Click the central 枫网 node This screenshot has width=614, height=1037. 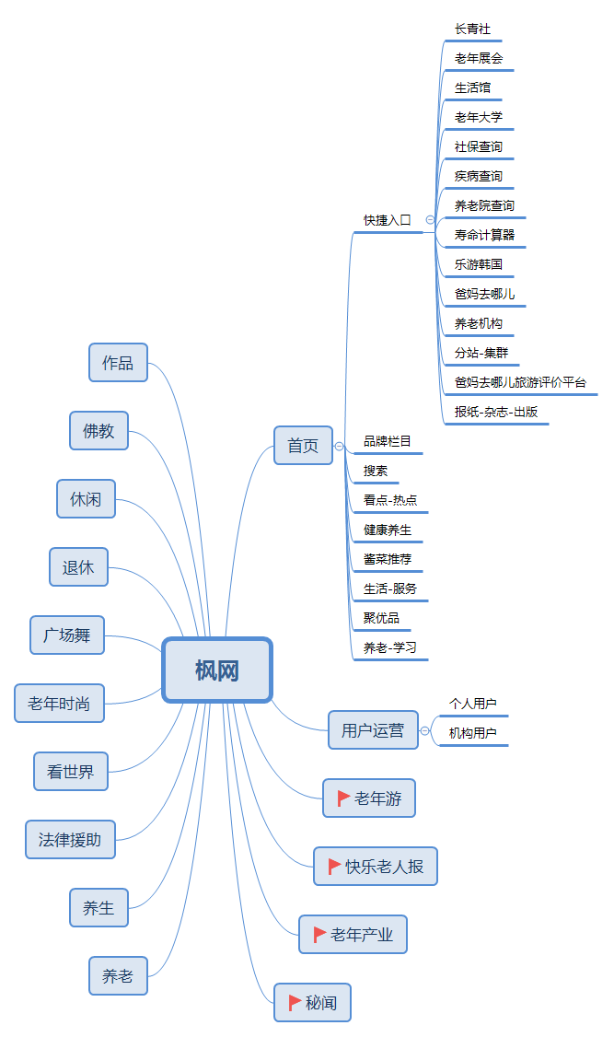217,670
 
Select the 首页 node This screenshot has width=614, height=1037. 303,446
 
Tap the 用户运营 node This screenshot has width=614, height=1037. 372,730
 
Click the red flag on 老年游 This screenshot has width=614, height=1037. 343,798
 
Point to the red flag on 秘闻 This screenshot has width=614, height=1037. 295,1002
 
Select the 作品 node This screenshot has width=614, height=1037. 118,362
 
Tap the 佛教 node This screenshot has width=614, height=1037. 98,430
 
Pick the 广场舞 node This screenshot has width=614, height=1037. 67,635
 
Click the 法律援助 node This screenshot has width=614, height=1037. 70,839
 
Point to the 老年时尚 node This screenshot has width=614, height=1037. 59,704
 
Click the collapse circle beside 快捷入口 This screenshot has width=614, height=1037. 430,220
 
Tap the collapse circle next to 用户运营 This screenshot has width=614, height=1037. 424,731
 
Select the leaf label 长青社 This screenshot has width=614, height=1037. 472,29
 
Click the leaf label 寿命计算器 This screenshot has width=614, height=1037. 484,235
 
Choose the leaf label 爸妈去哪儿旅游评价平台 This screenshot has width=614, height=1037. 519,382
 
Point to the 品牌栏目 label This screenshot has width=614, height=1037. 387,441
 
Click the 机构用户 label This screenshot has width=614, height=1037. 472,733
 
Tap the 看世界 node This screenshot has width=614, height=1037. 70,772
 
